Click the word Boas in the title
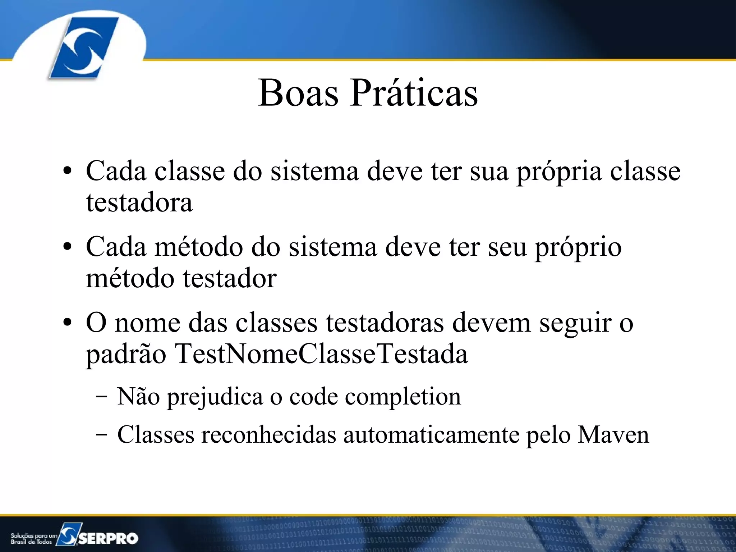[x=298, y=93]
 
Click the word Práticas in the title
[x=414, y=93]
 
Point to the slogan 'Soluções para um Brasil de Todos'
[x=33, y=538]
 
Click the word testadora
[x=139, y=202]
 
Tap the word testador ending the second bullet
[x=230, y=279]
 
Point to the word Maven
[x=613, y=435]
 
